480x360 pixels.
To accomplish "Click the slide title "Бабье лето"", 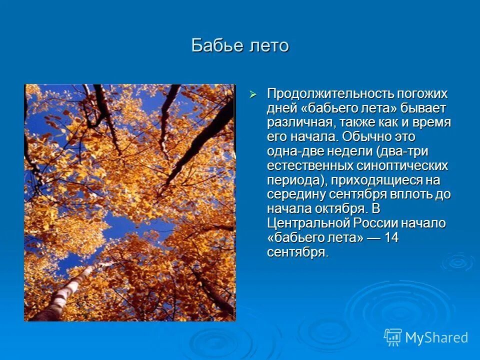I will point(240,45).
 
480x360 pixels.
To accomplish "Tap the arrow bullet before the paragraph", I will point(253,94).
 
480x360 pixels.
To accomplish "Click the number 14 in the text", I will point(391,237).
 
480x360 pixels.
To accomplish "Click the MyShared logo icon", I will point(392,337).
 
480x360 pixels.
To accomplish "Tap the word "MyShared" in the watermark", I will point(436,337).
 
